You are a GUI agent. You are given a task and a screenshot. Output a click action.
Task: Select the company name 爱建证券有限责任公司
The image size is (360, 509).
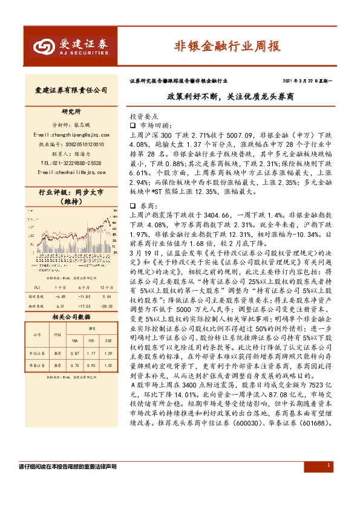(71, 90)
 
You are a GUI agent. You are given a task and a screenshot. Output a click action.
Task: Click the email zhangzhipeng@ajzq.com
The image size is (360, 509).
(71, 134)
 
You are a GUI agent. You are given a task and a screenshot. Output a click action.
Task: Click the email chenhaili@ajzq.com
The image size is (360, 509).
(71, 172)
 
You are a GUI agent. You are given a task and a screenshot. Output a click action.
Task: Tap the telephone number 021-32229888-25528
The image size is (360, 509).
(71, 163)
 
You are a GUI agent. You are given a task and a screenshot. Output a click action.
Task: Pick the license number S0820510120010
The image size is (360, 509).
(71, 143)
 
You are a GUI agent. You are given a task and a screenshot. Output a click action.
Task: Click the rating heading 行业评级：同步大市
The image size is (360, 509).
(71, 193)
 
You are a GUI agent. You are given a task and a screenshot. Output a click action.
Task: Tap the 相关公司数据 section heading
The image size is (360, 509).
(71, 316)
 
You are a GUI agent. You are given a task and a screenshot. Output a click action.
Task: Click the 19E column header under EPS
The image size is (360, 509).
(91, 342)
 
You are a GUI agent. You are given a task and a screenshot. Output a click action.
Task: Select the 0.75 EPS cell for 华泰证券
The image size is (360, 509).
(75, 365)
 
